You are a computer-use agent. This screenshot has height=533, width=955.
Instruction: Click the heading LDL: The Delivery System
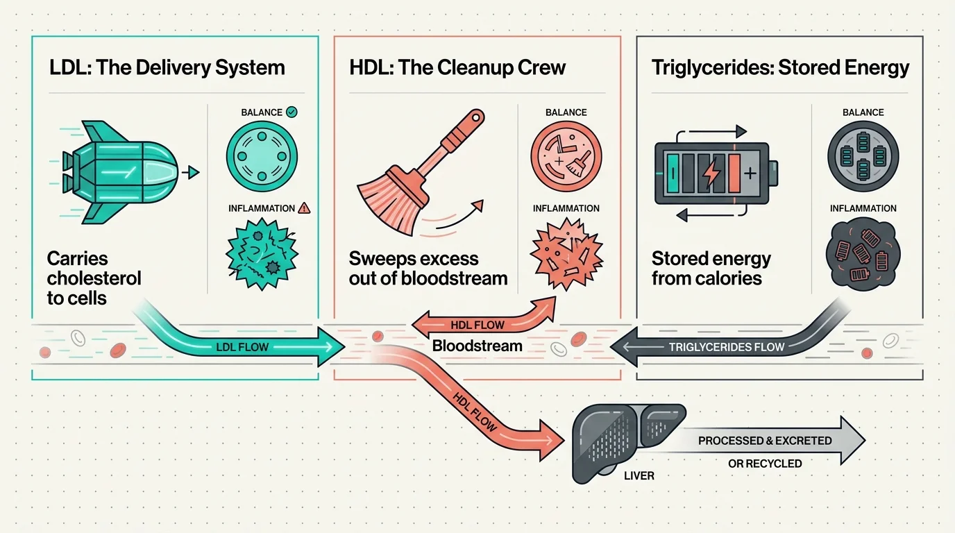[x=167, y=68]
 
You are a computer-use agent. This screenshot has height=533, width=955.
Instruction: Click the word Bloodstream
[x=477, y=346]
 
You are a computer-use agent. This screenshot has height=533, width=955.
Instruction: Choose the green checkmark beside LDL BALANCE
[x=291, y=112]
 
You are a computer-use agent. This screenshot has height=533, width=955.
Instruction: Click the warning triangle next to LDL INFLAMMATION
[x=304, y=208]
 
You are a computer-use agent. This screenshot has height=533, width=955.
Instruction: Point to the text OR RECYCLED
[x=765, y=463]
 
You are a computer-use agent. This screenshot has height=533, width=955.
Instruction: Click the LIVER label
[x=639, y=476]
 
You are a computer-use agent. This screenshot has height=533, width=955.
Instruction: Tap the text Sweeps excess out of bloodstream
[x=428, y=269]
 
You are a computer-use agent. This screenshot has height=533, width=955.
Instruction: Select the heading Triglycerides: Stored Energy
[x=780, y=68]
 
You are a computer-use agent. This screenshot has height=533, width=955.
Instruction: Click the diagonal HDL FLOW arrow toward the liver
[x=479, y=409]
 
